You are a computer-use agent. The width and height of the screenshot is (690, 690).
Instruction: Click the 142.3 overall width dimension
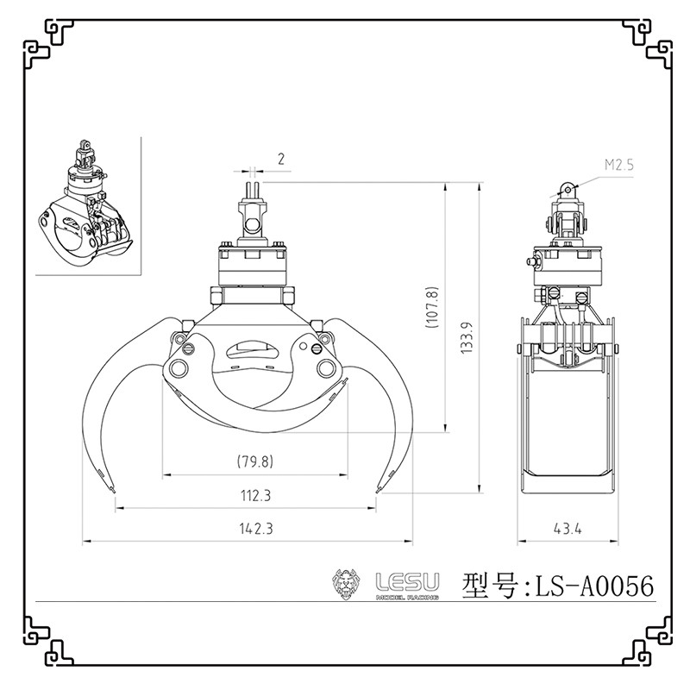tap(256, 528)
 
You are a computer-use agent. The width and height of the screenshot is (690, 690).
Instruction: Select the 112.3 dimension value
tap(255, 495)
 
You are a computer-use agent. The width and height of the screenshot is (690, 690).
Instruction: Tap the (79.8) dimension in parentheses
tap(255, 461)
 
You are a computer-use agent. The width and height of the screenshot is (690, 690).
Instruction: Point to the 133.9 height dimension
tap(467, 338)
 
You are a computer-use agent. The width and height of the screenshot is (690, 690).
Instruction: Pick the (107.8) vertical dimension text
tap(432, 306)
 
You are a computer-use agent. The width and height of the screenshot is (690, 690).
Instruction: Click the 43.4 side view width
tap(568, 529)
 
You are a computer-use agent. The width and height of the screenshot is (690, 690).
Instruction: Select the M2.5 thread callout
tap(618, 165)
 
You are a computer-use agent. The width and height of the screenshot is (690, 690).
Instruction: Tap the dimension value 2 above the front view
tap(281, 159)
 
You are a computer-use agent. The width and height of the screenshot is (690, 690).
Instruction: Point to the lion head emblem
tap(346, 584)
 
